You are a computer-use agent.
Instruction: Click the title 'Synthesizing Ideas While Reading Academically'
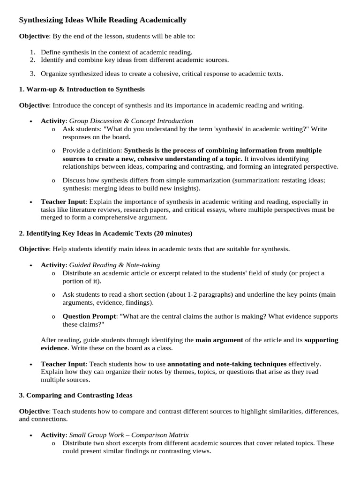(x=102, y=20)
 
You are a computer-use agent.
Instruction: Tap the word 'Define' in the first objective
(x=51, y=52)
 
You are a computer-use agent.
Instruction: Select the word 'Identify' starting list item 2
(x=53, y=60)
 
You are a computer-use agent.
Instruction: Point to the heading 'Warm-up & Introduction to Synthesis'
(x=85, y=89)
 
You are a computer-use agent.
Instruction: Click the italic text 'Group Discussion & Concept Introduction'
(x=131, y=121)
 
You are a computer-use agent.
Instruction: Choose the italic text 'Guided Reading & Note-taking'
(x=114, y=265)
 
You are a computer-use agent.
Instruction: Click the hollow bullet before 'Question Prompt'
(x=53, y=317)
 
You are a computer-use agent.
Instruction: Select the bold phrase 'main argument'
(x=219, y=340)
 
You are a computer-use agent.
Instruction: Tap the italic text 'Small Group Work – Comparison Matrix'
(x=129, y=435)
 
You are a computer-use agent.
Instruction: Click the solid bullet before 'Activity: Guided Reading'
(x=30, y=265)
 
